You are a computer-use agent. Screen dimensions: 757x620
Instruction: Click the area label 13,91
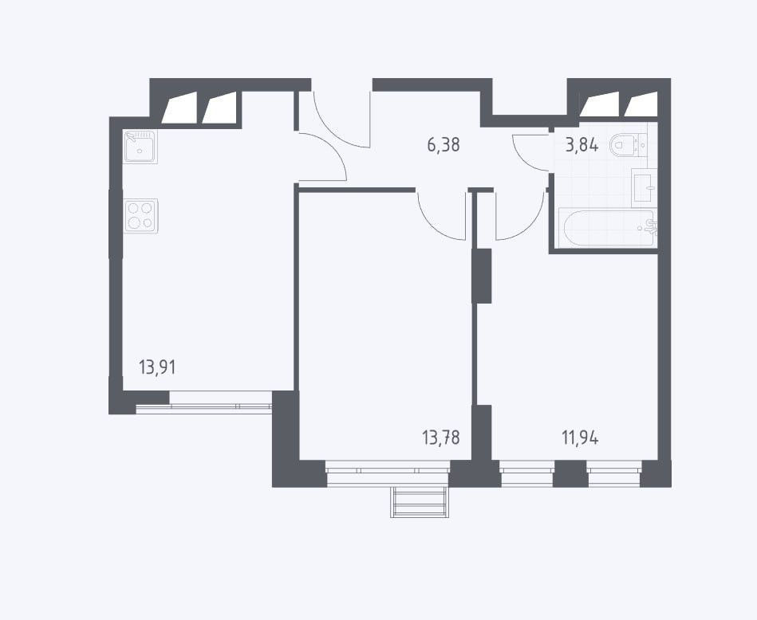click(157, 367)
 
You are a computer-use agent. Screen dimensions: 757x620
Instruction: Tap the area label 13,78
click(440, 438)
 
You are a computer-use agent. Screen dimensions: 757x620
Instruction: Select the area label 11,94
click(580, 438)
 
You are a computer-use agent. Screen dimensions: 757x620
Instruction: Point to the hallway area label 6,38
click(444, 144)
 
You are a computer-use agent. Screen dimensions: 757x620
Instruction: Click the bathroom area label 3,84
click(582, 144)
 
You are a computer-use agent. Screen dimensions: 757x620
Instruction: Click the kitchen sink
click(140, 147)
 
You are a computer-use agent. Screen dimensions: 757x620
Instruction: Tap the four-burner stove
click(140, 216)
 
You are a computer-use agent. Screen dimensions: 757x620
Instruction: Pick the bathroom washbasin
click(644, 185)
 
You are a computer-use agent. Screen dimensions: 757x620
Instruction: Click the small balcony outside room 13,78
click(419, 502)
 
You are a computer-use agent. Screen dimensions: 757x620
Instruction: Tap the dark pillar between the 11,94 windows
click(570, 473)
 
